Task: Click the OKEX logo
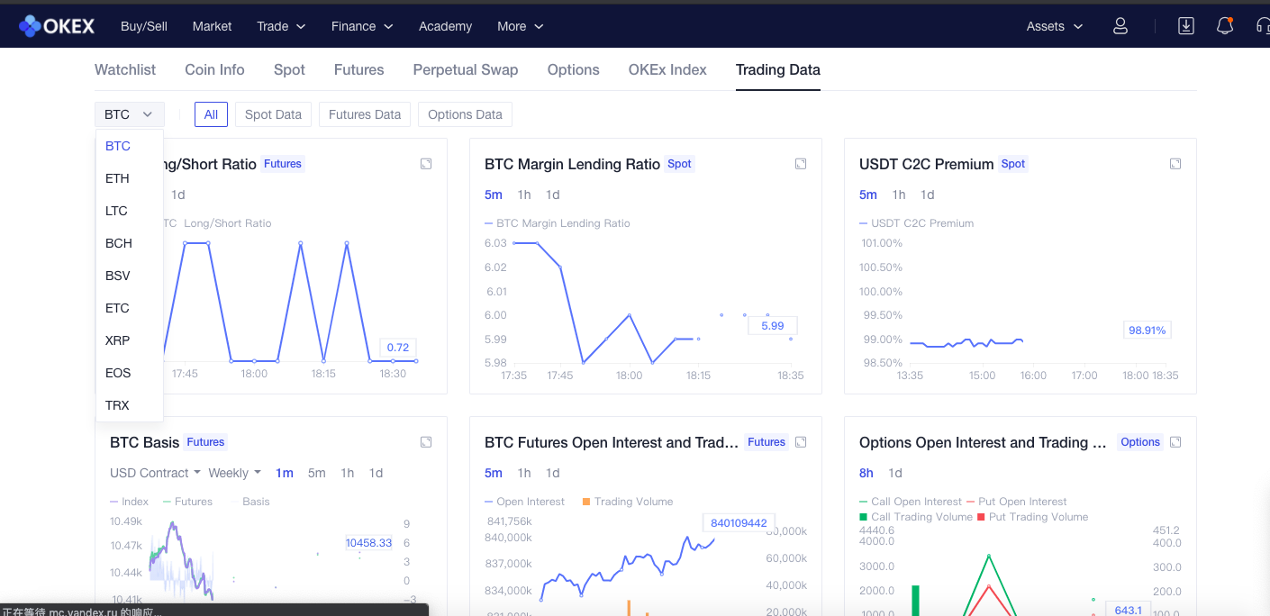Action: [x=57, y=26]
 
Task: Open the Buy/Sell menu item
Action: [x=144, y=26]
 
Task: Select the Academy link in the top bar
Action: [x=445, y=26]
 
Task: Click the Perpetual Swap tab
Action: [x=466, y=69]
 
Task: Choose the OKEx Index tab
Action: [x=667, y=69]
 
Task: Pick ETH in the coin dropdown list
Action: [x=117, y=178]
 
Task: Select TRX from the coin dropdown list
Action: [x=117, y=405]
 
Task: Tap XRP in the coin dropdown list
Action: [x=117, y=340]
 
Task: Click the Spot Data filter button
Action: [x=273, y=114]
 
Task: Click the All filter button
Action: [x=211, y=114]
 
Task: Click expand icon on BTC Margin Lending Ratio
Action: [x=801, y=164]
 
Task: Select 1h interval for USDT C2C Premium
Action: [x=899, y=195]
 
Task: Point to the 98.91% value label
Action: [x=1147, y=331]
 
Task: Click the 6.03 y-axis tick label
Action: [x=495, y=243]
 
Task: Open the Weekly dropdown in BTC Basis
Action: [x=234, y=473]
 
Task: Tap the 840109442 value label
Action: [x=739, y=522]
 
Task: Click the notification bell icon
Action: [x=1225, y=26]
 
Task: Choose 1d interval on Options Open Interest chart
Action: [x=895, y=473]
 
